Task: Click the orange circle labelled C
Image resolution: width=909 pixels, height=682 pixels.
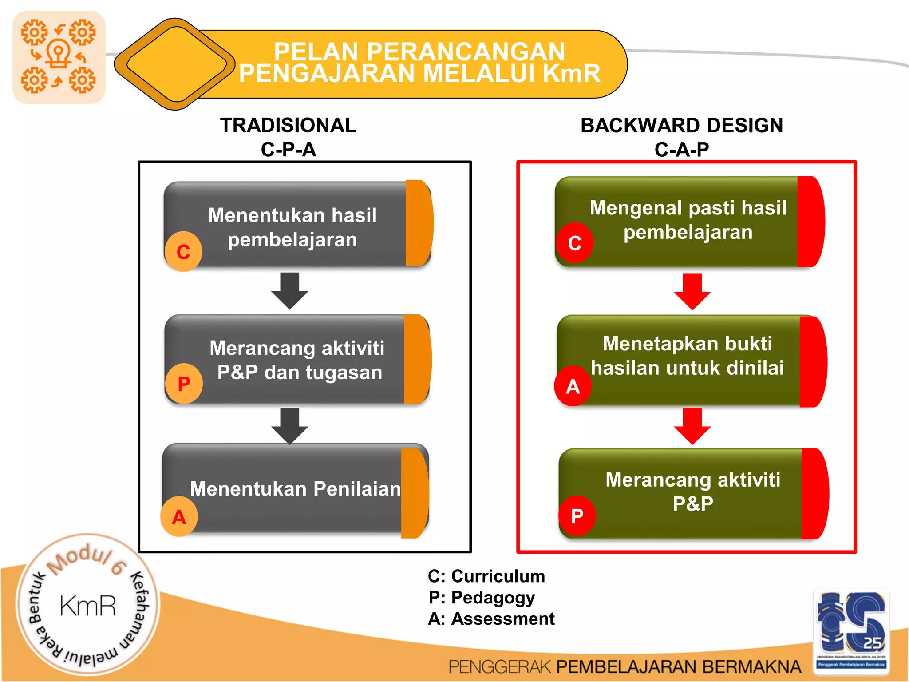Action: (183, 251)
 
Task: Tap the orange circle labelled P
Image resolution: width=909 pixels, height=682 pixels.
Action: (184, 384)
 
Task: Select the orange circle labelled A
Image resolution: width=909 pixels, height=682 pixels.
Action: (179, 516)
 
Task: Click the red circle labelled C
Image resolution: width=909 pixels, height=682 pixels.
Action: (575, 242)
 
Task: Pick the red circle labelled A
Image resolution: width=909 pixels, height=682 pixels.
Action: (573, 386)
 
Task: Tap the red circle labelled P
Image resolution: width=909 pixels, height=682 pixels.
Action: (577, 515)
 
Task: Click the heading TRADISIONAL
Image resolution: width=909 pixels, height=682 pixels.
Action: (288, 126)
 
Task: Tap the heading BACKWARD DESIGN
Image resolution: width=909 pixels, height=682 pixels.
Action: (682, 126)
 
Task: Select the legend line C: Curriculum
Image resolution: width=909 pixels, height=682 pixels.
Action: (486, 576)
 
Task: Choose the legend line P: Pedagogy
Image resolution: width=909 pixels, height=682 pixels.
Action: (482, 598)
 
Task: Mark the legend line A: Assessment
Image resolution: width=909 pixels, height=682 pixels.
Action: (491, 619)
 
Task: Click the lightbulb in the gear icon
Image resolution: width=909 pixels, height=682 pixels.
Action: (59, 53)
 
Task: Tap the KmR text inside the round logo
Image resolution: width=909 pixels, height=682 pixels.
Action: (88, 606)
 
